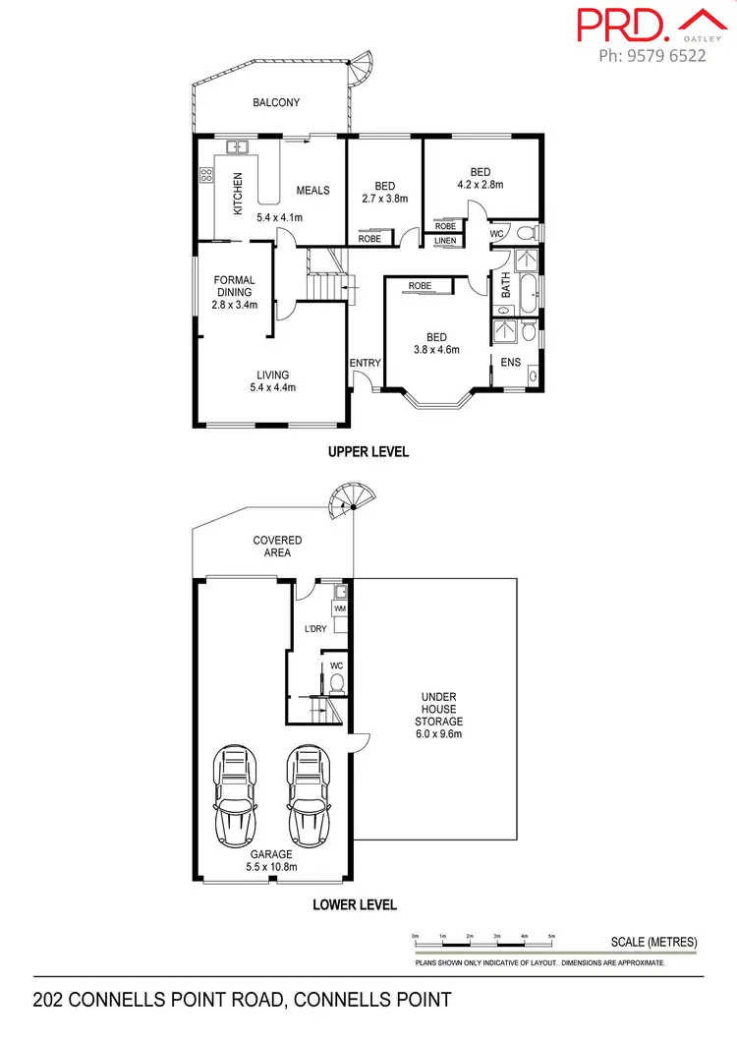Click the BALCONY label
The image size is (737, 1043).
pyautogui.click(x=276, y=102)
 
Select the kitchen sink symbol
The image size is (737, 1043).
pyautogui.click(x=237, y=148)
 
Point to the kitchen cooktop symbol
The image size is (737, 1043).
pyautogui.click(x=207, y=177)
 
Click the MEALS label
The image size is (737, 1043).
pyautogui.click(x=313, y=191)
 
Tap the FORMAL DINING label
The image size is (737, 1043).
pyautogui.click(x=235, y=286)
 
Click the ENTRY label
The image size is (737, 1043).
pyautogui.click(x=365, y=364)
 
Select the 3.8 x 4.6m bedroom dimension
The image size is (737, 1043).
pyautogui.click(x=435, y=348)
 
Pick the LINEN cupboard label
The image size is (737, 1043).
pyautogui.click(x=444, y=241)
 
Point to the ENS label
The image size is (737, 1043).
pyautogui.click(x=511, y=363)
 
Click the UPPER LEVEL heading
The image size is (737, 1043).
pyautogui.click(x=368, y=452)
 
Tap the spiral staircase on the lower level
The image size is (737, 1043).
pyautogui.click(x=346, y=503)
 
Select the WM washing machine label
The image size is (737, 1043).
pyautogui.click(x=341, y=609)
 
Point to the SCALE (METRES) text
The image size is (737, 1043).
pyautogui.click(x=653, y=942)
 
